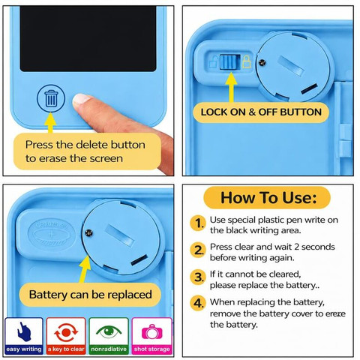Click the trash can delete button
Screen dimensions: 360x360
pos(51,98)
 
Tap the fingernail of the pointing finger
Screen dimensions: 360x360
pos(81,98)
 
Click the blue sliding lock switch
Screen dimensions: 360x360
pos(229,62)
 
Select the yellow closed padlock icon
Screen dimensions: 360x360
pos(247,61)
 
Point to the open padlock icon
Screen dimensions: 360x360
pos(214,61)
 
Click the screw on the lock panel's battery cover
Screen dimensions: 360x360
pos(262,62)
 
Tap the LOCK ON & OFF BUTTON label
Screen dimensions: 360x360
pos(261,112)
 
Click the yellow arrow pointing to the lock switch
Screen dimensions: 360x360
pos(232,88)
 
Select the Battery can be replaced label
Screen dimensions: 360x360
pos(90,295)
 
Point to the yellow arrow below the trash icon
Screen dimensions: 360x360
pos(51,123)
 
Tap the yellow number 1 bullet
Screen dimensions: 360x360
pos(197,223)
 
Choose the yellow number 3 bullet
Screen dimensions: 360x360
pos(198,277)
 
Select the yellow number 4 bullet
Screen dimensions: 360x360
pos(198,303)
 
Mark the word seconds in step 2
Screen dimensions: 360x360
pos(318,247)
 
